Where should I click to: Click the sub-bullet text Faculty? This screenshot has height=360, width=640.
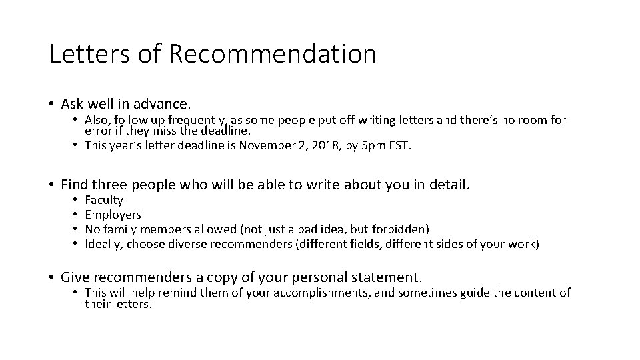(104, 200)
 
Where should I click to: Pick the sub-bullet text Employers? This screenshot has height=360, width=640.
(113, 215)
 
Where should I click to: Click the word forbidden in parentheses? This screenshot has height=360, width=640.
(399, 229)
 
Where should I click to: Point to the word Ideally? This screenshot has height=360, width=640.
(104, 244)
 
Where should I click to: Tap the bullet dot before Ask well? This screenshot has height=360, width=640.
(52, 104)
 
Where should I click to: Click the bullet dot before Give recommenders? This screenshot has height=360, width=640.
(52, 277)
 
